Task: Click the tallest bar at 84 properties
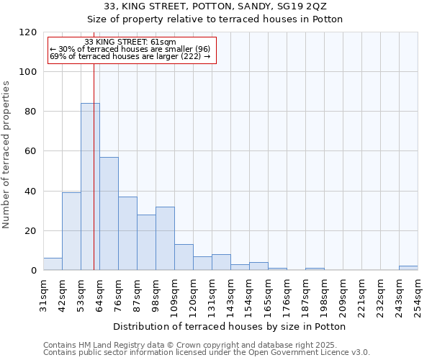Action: (x=90, y=187)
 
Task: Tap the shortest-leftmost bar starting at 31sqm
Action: (x=53, y=264)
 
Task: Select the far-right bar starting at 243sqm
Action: (x=408, y=268)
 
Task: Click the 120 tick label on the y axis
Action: (x=28, y=32)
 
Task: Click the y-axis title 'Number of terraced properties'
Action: (x=6, y=155)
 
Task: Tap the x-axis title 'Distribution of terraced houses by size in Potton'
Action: (x=230, y=327)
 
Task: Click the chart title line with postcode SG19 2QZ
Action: (x=216, y=6)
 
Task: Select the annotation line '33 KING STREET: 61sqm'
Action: (x=130, y=42)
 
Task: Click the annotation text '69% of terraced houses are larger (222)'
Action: (x=130, y=56)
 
